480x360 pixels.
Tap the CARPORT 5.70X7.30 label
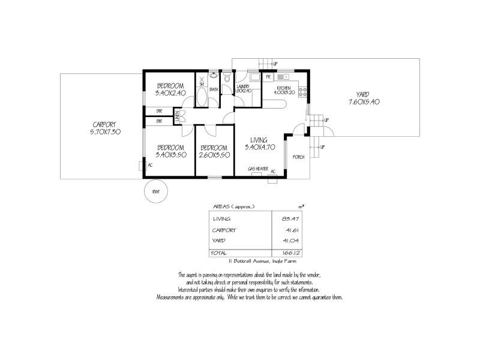click(x=99, y=128)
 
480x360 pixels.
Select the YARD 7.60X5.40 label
click(x=363, y=98)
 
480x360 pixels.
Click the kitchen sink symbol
click(x=282, y=77)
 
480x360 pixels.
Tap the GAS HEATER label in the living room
click(x=258, y=169)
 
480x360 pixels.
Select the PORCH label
click(x=298, y=157)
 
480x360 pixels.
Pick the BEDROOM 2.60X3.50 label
click(x=214, y=151)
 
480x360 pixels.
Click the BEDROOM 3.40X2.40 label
click(x=170, y=89)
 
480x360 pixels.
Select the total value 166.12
click(x=290, y=254)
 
